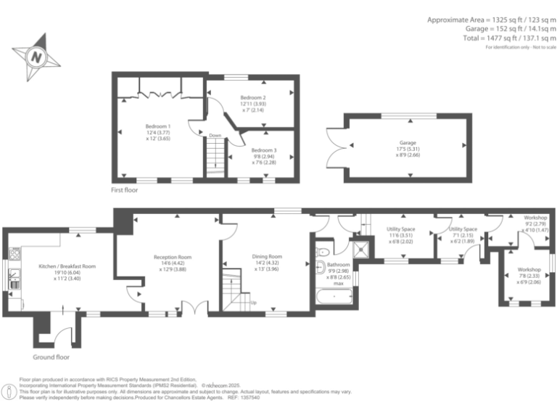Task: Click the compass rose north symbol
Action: pos(33,55)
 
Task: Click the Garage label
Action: pos(408,143)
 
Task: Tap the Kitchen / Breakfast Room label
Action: pos(67,266)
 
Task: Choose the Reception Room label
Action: pos(172,258)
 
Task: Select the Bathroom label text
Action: pos(339,266)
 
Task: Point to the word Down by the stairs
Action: pos(215,136)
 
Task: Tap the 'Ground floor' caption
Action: pos(51,358)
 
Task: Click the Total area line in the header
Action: pos(509,37)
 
